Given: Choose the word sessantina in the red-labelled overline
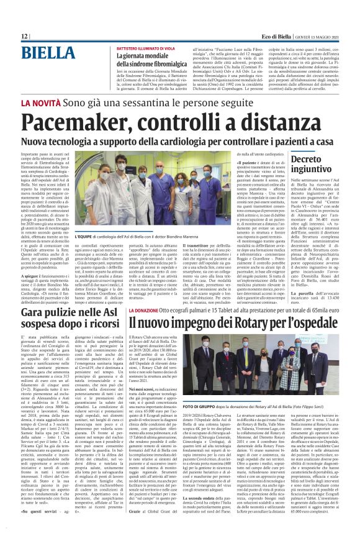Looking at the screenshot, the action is pos(143,101).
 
